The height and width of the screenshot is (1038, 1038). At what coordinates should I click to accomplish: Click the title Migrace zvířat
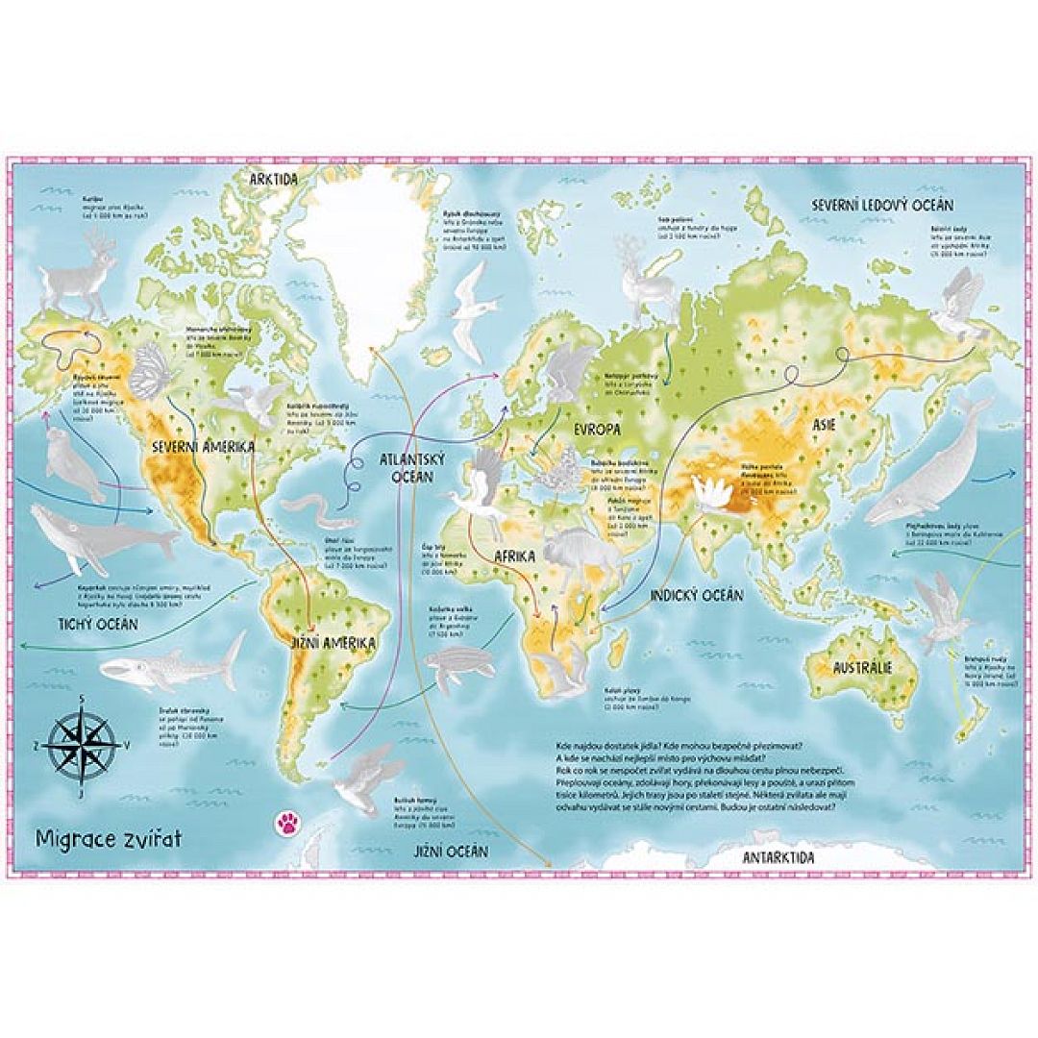pyautogui.click(x=108, y=837)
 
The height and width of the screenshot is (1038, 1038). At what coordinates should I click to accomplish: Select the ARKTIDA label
pyautogui.click(x=273, y=180)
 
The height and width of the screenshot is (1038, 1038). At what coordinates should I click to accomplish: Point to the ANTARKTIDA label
pyautogui.click(x=778, y=856)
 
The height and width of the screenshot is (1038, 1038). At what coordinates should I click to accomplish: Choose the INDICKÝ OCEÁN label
pyautogui.click(x=696, y=596)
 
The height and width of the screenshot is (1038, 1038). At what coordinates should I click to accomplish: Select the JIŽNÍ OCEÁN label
pyautogui.click(x=451, y=852)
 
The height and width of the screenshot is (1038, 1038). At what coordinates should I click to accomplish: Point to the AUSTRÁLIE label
pyautogui.click(x=862, y=667)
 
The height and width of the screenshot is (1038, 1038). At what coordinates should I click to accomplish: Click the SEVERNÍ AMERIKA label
pyautogui.click(x=202, y=447)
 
